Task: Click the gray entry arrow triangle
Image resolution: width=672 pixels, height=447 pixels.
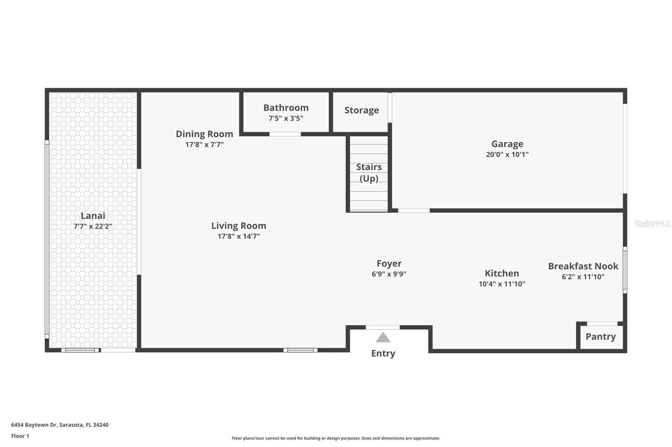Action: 383,338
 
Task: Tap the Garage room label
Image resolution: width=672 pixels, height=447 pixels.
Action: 507,144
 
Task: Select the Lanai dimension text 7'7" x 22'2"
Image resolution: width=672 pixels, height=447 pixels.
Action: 93,226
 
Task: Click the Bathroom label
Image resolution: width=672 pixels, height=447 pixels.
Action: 286,107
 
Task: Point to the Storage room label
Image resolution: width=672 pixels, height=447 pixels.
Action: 362,110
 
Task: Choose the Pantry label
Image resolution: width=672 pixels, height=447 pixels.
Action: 601,336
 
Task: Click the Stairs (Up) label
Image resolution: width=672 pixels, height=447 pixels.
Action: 369,173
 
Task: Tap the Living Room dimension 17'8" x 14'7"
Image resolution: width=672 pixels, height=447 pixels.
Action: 239,236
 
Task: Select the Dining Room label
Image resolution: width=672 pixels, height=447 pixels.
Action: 204,134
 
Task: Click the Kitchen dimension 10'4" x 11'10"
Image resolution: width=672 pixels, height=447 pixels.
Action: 502,284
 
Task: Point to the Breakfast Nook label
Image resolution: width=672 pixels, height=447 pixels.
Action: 583,266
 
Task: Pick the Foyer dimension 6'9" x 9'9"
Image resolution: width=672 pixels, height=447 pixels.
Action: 389,274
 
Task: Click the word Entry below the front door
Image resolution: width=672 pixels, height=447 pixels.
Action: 383,353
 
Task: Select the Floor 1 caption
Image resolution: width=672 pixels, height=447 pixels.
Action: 20,436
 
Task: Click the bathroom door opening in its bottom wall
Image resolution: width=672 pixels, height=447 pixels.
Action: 285,134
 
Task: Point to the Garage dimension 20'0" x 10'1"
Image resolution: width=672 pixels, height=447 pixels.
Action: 507,154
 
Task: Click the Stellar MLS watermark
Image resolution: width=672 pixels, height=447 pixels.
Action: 652,223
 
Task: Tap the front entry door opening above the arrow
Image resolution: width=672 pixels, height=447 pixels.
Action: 383,327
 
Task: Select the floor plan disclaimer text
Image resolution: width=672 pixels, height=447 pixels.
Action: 336,438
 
